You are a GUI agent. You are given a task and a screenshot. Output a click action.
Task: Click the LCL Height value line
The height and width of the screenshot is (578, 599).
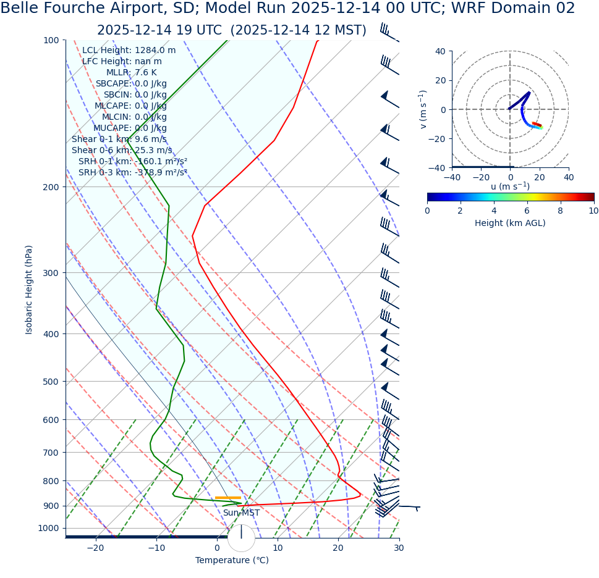[129, 51]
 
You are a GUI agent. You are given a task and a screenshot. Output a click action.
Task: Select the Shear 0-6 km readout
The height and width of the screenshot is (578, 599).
[122, 151]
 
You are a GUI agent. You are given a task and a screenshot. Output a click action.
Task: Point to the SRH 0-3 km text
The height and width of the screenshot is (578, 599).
[132, 173]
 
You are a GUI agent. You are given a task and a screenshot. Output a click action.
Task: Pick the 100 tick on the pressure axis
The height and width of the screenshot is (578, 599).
[51, 40]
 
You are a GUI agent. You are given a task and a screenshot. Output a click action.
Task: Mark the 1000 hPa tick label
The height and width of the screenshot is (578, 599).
[48, 529]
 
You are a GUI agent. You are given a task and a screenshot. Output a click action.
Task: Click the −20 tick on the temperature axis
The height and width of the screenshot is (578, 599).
[95, 548]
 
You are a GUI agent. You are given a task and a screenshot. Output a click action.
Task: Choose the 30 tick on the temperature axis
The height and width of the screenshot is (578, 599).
[399, 548]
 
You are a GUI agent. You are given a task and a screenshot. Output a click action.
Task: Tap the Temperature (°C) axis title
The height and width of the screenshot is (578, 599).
[232, 561]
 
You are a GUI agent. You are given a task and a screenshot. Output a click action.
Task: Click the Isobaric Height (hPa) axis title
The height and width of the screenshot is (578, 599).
[29, 290]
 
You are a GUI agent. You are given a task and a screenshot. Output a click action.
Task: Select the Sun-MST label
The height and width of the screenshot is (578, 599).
[241, 513]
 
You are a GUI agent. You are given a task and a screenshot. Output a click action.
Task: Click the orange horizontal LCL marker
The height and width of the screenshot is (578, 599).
[227, 498]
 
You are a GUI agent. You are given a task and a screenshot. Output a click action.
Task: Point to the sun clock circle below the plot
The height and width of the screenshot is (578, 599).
[241, 538]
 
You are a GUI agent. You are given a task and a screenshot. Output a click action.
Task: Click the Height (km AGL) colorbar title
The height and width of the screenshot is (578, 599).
[510, 224]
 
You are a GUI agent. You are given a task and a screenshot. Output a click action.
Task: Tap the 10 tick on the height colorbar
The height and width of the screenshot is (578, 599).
[593, 211]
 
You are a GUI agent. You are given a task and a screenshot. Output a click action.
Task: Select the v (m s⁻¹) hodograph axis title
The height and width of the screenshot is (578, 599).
[423, 109]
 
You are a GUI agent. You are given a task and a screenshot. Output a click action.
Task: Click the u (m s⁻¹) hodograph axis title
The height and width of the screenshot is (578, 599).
[510, 186]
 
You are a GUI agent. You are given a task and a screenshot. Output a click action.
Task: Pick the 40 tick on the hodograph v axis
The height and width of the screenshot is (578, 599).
[440, 51]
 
